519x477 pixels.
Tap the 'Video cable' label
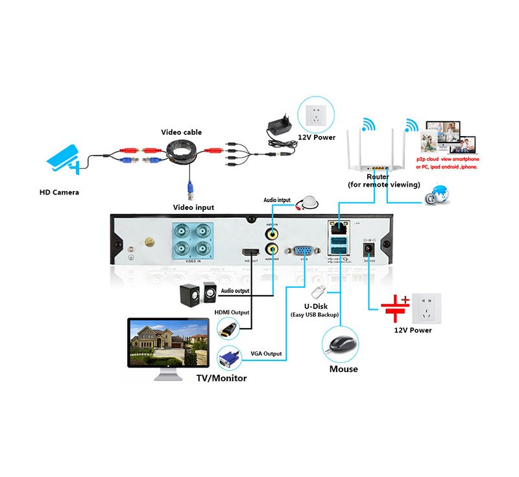181,132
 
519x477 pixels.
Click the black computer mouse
341,343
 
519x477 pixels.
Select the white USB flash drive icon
319,292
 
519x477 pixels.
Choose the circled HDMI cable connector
227,331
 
